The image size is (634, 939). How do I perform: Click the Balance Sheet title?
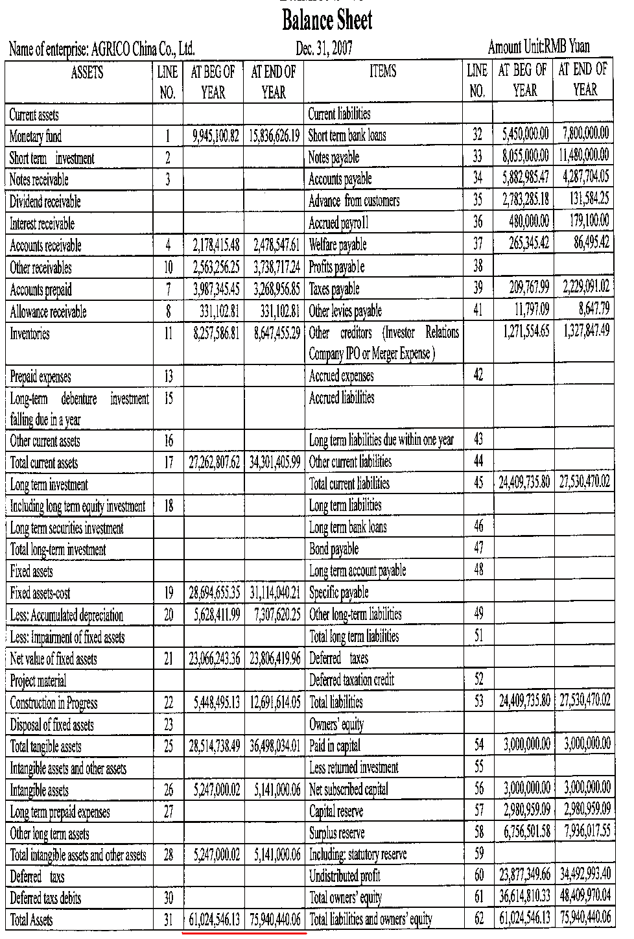[327, 21]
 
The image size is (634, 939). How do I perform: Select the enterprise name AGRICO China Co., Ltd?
[143, 49]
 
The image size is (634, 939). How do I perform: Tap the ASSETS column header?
[87, 72]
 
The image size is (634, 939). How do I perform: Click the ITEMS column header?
[382, 71]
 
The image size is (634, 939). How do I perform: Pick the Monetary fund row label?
[36, 137]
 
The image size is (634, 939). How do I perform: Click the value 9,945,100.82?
[216, 136]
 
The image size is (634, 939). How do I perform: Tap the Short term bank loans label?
[347, 136]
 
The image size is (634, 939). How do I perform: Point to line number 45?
[478, 482]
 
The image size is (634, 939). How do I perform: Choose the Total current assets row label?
[44, 463]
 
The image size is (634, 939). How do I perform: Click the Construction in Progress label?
[54, 703]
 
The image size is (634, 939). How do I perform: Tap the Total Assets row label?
[32, 920]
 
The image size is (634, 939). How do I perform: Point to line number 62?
[479, 919]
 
